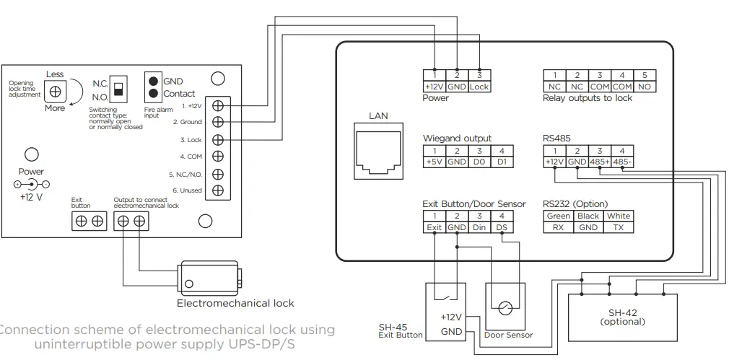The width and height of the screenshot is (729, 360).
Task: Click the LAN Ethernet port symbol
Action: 378,150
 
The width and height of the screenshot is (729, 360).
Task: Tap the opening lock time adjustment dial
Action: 55,92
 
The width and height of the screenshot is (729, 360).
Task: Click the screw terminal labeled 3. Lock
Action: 218,139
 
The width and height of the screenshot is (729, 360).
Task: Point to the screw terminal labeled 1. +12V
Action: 218,105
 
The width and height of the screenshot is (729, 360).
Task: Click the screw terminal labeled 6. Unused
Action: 218,190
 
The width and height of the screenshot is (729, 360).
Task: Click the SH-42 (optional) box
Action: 623,317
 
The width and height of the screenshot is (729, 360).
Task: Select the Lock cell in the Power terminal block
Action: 479,87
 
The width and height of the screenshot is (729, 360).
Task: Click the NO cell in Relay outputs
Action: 644,87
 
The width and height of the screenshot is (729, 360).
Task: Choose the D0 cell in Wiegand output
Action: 479,162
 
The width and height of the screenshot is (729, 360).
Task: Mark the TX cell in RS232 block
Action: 618,227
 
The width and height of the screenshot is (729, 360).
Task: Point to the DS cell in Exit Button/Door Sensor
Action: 501,227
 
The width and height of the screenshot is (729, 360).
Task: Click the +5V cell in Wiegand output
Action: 434,162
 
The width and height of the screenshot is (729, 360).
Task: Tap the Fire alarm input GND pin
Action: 154,81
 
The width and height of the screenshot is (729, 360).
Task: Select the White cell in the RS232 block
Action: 618,216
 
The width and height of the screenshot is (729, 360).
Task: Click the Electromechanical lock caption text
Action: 235,303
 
